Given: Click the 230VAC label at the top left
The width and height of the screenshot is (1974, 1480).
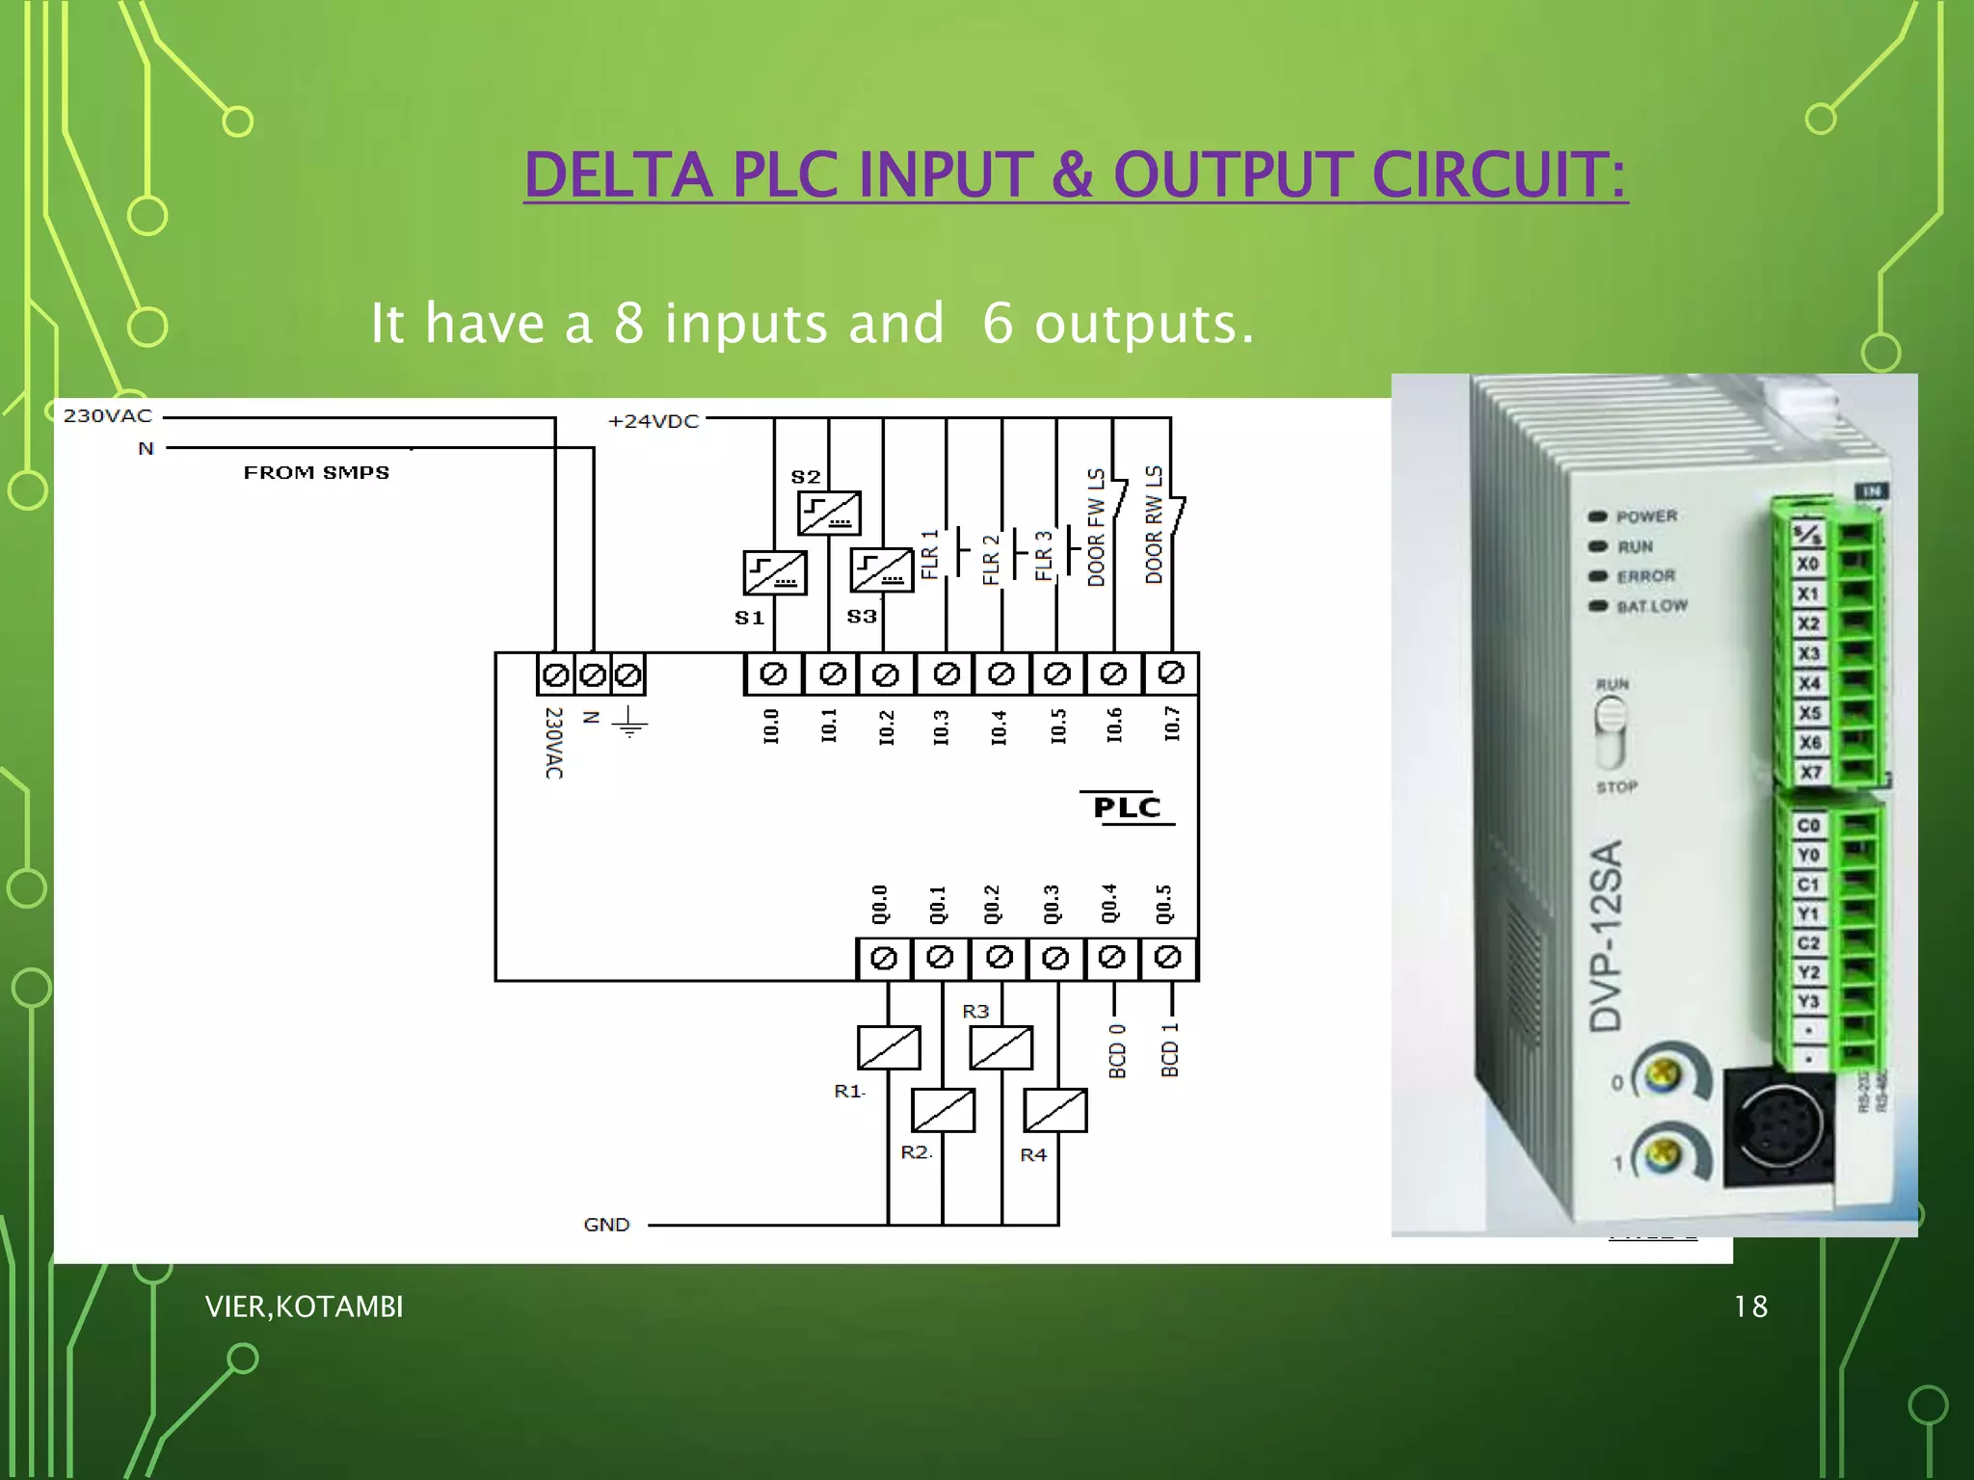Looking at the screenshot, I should click(x=108, y=416).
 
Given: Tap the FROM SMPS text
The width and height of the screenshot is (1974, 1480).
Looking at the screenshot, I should click(x=316, y=472).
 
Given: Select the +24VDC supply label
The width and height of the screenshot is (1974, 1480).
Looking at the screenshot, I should click(x=654, y=421).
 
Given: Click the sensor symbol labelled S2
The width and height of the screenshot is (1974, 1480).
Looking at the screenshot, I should click(x=829, y=513).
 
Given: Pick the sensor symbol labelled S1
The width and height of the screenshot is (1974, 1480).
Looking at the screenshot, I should click(x=775, y=573).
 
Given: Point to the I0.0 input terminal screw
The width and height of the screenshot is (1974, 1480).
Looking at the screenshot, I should click(x=773, y=674).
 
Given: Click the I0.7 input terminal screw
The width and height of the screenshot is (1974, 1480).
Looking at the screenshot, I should click(x=1171, y=674).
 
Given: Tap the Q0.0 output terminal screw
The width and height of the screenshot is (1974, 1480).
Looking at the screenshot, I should click(x=884, y=959).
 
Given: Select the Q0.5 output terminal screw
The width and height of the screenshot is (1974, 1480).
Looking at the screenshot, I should click(x=1168, y=958).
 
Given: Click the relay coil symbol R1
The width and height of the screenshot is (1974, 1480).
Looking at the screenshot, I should click(x=889, y=1047).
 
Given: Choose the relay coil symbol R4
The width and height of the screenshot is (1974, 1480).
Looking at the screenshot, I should click(x=1055, y=1110).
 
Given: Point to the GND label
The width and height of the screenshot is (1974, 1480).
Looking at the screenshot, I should click(x=606, y=1225).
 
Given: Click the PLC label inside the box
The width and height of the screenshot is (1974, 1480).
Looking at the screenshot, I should click(x=1127, y=807).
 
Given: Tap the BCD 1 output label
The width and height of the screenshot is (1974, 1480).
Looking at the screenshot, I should click(x=1170, y=1050).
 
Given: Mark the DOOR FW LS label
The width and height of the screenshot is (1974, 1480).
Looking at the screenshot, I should click(x=1097, y=528).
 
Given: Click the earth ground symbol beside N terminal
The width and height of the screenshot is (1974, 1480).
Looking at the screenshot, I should click(x=629, y=722).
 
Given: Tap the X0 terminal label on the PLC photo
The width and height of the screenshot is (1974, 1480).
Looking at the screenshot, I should click(x=1807, y=564).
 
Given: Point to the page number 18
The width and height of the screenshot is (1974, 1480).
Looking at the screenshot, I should click(x=1750, y=1307).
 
